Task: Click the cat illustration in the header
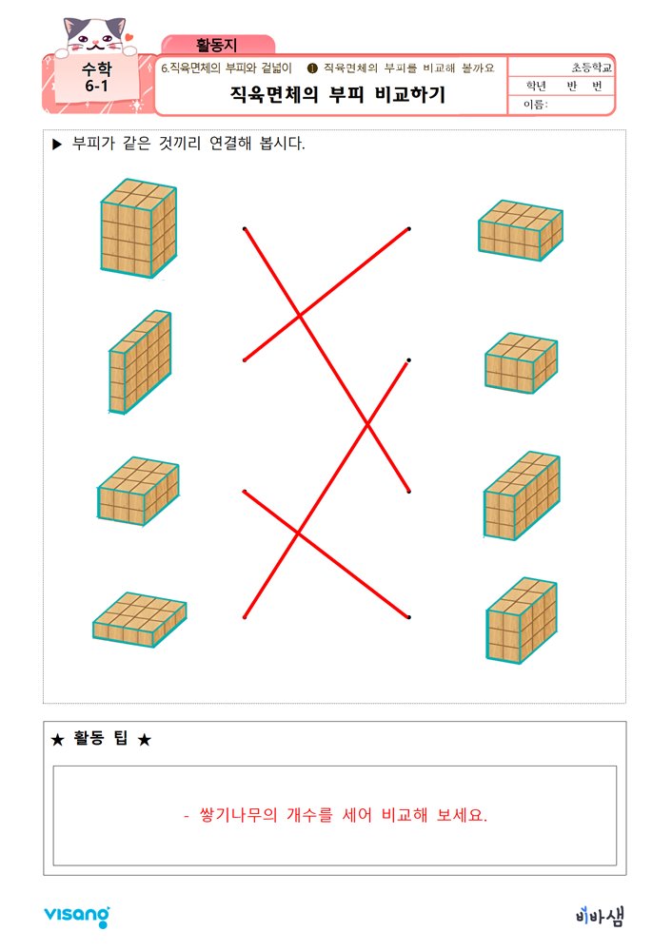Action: (94, 34)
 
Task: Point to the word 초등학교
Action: (592, 68)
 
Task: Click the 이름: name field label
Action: (537, 105)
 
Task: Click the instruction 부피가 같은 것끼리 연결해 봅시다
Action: (189, 145)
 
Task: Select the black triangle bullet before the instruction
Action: (57, 145)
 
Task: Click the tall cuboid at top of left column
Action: (138, 228)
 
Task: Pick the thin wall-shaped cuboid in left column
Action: (139, 362)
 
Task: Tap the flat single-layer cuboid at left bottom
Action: (139, 619)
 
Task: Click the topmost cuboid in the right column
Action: (520, 230)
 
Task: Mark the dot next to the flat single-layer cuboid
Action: (245, 617)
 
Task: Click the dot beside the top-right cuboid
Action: (409, 229)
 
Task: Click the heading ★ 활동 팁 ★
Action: (100, 740)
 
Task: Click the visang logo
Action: (76, 916)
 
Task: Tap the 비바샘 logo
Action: (600, 916)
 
